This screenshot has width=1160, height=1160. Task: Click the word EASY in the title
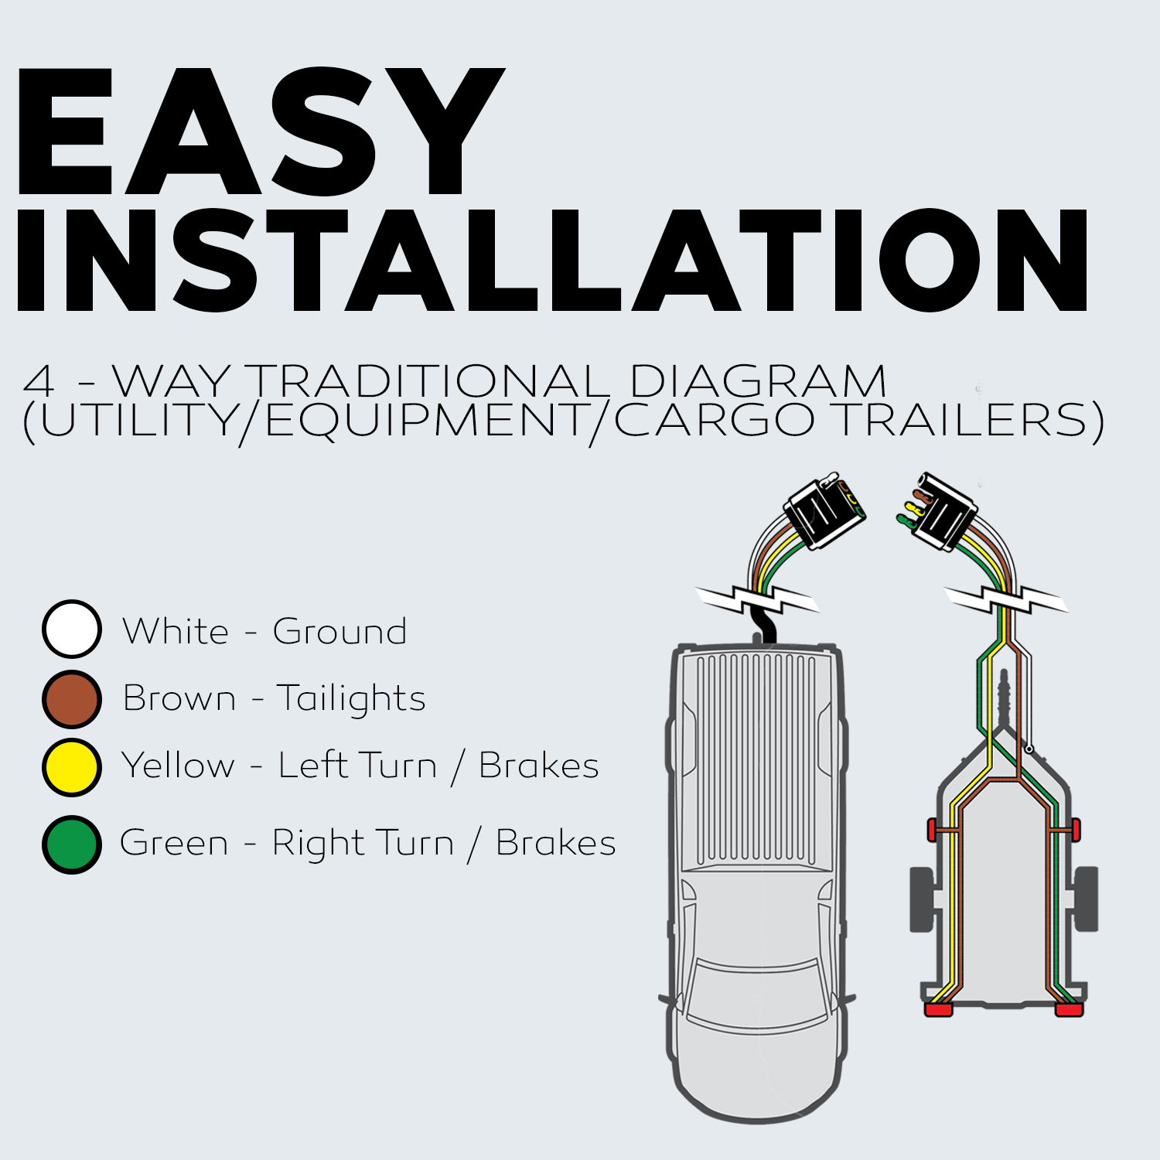point(259,131)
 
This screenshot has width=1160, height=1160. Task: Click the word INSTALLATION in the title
point(552,260)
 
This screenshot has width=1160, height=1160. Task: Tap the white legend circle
point(72,629)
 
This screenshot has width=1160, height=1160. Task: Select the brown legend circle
point(72,699)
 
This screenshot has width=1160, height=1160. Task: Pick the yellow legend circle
point(72,767)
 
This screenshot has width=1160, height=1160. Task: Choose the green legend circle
point(72,844)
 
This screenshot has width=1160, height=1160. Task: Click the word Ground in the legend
point(339,632)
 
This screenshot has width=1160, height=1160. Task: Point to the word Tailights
point(351,699)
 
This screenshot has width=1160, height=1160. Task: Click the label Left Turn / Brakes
point(438,766)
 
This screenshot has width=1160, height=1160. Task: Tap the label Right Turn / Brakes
point(444,843)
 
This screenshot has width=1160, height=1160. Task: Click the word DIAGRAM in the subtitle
point(757,382)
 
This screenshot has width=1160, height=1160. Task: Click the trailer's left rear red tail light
point(939,1009)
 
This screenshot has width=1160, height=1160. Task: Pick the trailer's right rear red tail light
point(1070,1009)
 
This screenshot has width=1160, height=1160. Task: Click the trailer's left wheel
point(921,899)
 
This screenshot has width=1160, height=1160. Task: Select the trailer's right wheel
point(1087,899)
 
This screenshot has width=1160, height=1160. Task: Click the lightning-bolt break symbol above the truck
point(756,599)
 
